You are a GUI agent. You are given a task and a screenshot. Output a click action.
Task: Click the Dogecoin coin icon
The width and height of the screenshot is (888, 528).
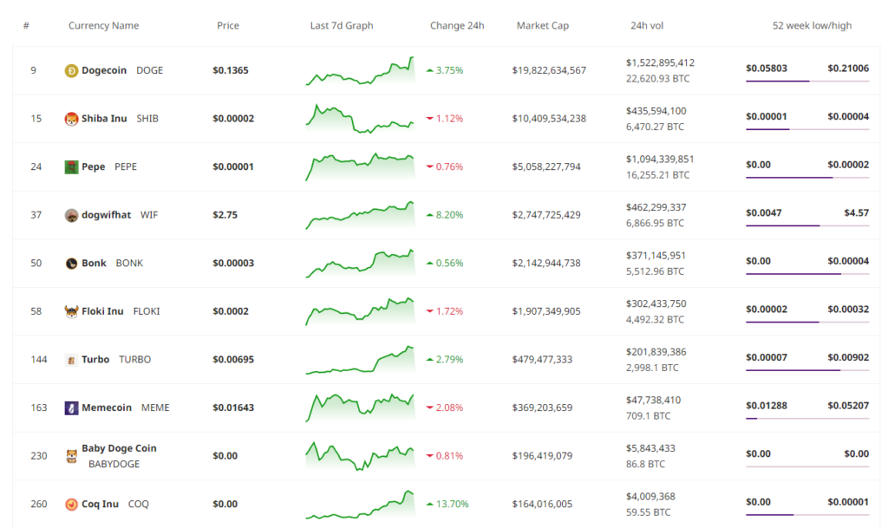71,71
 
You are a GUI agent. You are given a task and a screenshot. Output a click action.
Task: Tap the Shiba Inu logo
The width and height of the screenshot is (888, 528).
71,119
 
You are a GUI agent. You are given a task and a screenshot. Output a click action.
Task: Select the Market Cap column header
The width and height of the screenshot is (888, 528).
543,25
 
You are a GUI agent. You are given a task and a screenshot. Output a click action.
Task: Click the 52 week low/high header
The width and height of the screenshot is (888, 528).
812,25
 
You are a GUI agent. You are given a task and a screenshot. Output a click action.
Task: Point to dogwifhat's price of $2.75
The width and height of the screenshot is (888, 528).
225,215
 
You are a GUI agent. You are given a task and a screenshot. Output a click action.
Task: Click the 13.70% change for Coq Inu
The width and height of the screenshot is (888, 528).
452,504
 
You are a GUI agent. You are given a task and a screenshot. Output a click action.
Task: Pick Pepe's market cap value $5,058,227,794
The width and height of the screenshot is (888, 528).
546,167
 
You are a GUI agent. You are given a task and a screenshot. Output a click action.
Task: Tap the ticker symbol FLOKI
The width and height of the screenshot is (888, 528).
146,311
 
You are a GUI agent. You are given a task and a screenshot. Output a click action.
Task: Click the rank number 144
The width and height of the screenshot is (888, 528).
38,359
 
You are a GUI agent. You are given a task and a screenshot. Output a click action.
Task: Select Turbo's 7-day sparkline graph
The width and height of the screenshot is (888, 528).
360,360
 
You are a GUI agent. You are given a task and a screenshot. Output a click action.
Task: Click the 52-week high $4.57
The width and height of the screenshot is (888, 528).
856,212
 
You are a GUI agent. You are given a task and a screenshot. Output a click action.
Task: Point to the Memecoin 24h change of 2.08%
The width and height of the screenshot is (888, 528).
449,407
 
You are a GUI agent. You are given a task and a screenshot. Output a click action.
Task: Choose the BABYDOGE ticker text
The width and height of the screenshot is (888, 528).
114,464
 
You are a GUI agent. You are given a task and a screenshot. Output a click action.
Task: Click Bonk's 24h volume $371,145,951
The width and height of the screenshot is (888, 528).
656,256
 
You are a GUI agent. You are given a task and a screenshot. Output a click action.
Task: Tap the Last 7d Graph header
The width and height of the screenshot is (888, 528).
342,25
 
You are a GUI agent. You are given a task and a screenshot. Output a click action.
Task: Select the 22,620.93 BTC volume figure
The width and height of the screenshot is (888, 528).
657,79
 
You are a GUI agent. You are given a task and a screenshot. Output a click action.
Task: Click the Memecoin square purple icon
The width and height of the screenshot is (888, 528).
71,407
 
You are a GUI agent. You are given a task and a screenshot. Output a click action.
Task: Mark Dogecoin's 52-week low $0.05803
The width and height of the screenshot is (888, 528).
767,68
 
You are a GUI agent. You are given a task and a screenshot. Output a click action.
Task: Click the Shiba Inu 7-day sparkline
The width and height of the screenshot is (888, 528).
360,119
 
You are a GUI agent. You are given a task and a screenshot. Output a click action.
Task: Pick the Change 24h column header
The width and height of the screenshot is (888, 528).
457,25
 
